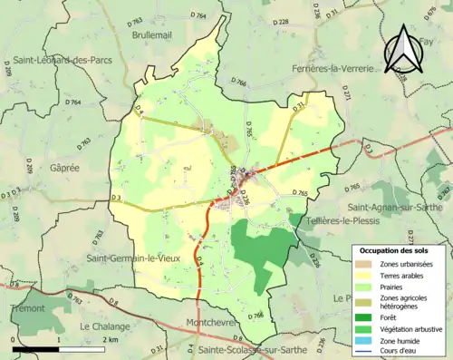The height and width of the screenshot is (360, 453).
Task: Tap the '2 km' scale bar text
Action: tap(111, 340)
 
